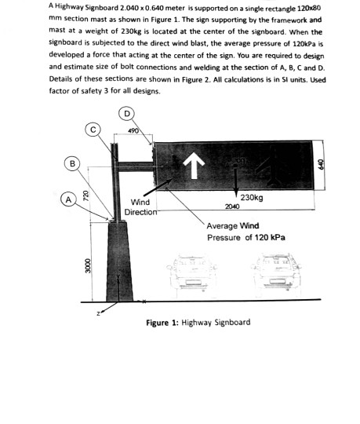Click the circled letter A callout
tap(68, 200)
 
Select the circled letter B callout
tap(73, 163)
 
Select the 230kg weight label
tap(252, 198)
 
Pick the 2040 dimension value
tap(231, 207)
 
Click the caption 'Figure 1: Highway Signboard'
tap(198, 323)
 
